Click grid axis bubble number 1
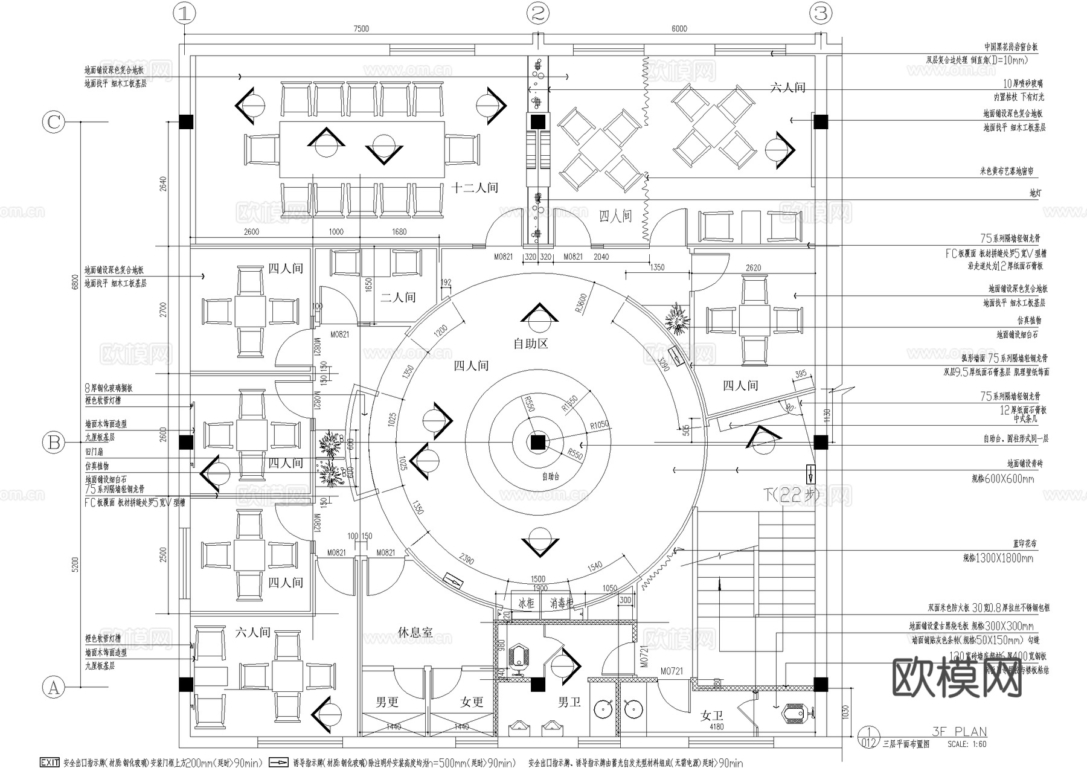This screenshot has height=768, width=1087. [x=184, y=13]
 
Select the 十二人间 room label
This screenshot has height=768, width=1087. [x=475, y=188]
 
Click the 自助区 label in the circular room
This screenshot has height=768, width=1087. [x=530, y=344]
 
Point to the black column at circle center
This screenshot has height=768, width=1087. [x=537, y=443]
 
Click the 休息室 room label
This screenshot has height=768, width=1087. [x=415, y=632]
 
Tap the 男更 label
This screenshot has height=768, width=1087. [x=387, y=702]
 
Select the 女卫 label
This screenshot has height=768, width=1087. [x=711, y=716]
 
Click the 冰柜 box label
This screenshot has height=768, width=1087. [x=526, y=603]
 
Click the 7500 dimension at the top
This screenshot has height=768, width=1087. [x=361, y=28]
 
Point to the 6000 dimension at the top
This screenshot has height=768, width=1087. [x=679, y=28]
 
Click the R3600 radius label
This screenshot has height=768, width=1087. [x=581, y=304]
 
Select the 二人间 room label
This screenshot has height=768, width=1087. [x=398, y=297]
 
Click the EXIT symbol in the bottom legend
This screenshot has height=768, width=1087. [x=50, y=763]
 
